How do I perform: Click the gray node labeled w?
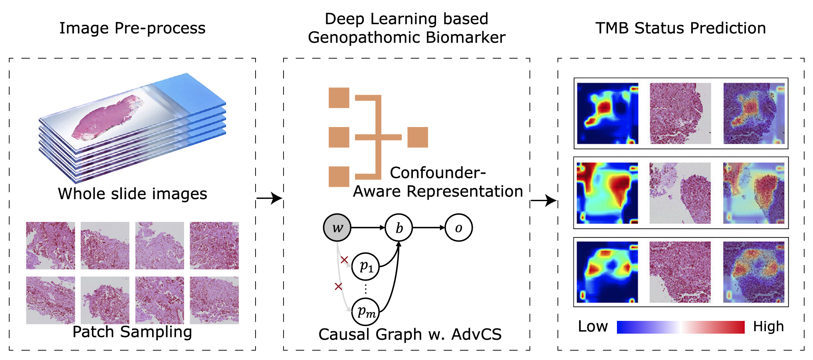pyautogui.click(x=337, y=228)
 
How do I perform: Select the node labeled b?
pyautogui.click(x=399, y=228)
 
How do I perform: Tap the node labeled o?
pyautogui.click(x=458, y=228)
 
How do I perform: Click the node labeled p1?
pyautogui.click(x=365, y=266)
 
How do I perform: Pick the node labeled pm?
pyautogui.click(x=365, y=312)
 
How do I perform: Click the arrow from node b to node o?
pyautogui.click(x=428, y=228)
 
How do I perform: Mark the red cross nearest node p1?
pyautogui.click(x=344, y=260)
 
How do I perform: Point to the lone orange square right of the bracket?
pyautogui.click(x=418, y=137)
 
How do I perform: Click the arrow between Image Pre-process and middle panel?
pyautogui.click(x=269, y=198)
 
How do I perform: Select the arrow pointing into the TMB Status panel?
pyautogui.click(x=543, y=201)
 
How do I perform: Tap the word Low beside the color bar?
pyautogui.click(x=593, y=326)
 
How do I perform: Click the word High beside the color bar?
pyautogui.click(x=768, y=326)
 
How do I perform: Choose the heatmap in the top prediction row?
pyautogui.click(x=607, y=113)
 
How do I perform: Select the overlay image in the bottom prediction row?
pyautogui.click(x=754, y=272)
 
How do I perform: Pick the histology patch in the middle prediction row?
pyautogui.click(x=680, y=193)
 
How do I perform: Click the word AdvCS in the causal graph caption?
pyautogui.click(x=476, y=334)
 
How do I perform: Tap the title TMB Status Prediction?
pyautogui.click(x=680, y=28)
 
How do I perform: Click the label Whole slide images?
pyautogui.click(x=132, y=194)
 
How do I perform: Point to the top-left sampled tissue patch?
pyautogui.click(x=50, y=245)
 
